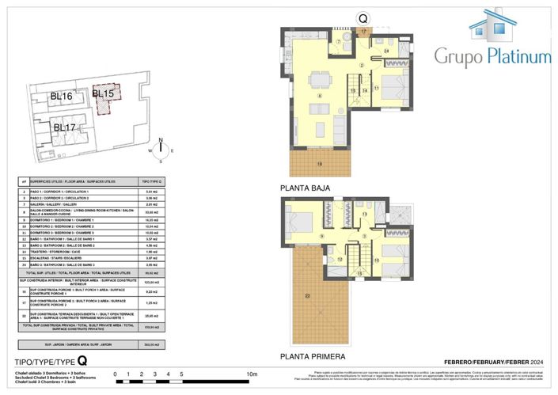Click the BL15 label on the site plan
click(103, 93)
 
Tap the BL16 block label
click(61, 97)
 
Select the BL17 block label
click(65, 127)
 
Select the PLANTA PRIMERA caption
click(313, 357)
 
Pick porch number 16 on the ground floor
click(320, 163)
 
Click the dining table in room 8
click(319, 81)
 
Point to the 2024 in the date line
click(536, 361)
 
